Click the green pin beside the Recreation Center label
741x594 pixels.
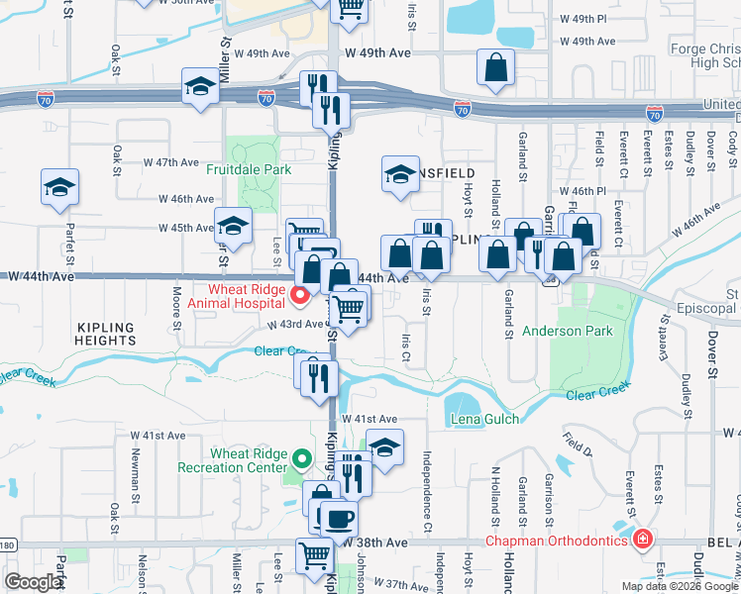(x=302, y=460)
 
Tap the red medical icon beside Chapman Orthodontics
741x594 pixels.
(x=642, y=540)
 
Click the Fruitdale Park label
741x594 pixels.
(x=249, y=169)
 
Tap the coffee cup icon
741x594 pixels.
(x=339, y=517)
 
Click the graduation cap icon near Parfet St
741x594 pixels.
(x=59, y=186)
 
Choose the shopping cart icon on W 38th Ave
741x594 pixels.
(x=314, y=554)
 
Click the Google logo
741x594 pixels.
(x=34, y=582)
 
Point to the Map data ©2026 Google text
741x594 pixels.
(x=679, y=586)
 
